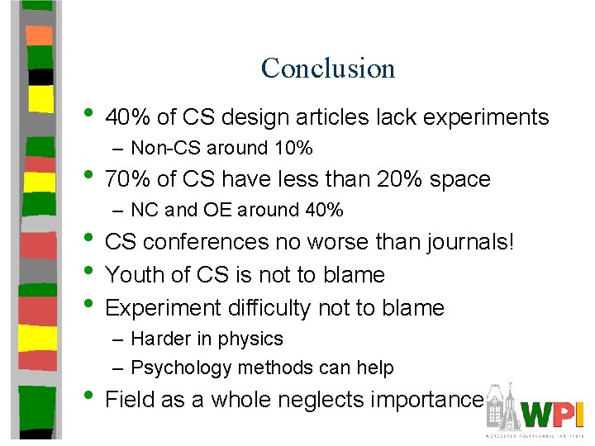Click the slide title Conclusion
click(328, 68)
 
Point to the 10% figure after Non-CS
click(294, 149)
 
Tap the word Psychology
click(176, 368)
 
